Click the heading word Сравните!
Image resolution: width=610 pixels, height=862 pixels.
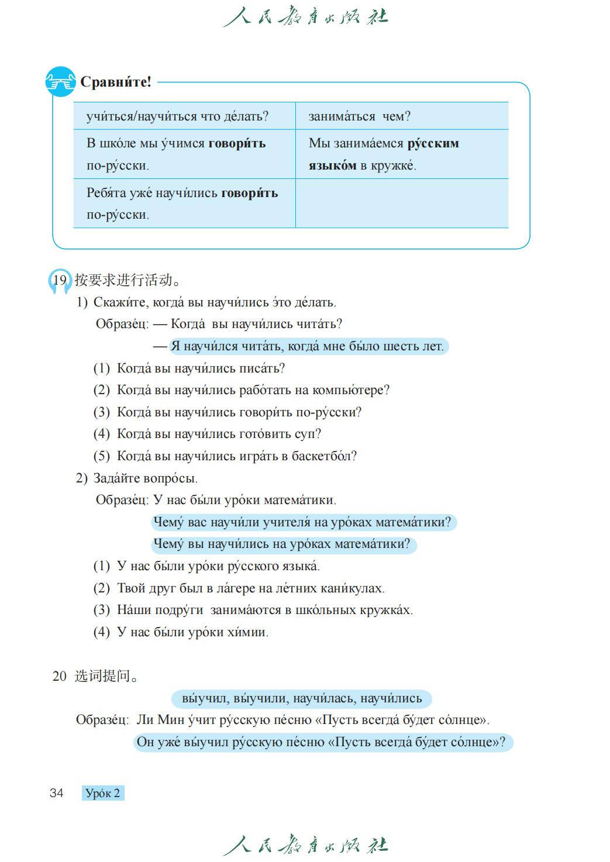115,82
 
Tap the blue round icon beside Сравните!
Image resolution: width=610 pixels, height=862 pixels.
60,82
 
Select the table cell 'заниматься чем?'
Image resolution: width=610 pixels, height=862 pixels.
359,116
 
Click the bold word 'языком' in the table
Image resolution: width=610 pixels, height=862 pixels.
332,165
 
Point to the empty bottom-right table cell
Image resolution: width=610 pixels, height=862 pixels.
401,203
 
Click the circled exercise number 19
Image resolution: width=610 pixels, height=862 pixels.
59,280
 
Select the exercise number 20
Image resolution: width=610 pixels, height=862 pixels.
59,677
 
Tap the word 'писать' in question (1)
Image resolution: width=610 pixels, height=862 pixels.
261,368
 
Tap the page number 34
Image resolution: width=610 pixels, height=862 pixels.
57,793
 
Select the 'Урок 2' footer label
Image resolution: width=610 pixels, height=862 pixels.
103,793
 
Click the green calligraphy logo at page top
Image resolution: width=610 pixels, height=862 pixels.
305,17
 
